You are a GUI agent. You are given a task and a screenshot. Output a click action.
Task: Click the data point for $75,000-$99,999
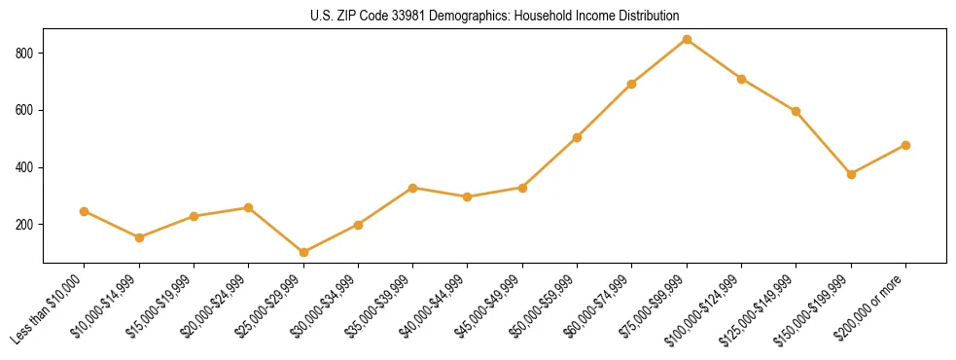click(x=687, y=40)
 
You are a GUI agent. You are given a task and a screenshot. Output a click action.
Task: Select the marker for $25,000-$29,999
click(x=303, y=253)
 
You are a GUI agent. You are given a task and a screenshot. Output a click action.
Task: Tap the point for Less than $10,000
click(x=84, y=211)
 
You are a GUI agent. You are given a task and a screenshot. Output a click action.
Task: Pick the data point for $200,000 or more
click(x=905, y=145)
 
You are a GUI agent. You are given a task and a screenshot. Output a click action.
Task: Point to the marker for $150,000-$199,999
click(x=851, y=174)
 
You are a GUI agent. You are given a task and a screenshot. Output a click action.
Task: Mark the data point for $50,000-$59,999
click(x=577, y=137)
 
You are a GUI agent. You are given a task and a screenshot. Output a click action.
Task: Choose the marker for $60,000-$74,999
click(x=632, y=84)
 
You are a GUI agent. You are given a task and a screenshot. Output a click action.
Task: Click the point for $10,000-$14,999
click(x=139, y=237)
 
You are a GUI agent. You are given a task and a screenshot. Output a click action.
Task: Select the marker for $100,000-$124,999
click(x=741, y=79)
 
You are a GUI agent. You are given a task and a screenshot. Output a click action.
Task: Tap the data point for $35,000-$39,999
click(x=413, y=188)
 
